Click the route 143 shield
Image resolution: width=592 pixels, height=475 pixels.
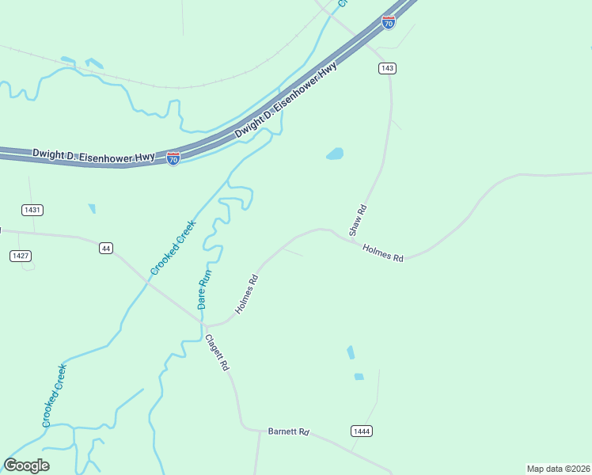click(387, 68)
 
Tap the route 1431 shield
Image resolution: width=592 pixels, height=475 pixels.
click(32, 210)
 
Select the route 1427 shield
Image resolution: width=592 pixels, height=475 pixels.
click(21, 255)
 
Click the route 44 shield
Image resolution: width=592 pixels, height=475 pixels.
click(105, 249)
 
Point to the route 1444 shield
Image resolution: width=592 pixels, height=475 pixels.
click(361, 431)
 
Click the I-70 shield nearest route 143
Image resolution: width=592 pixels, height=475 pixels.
click(388, 22)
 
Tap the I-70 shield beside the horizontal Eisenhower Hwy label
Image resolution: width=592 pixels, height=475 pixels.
click(173, 158)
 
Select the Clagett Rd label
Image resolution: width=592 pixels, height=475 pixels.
click(217, 353)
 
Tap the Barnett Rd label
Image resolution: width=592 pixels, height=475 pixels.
click(288, 432)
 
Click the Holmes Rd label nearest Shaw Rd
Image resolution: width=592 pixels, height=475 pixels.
click(383, 253)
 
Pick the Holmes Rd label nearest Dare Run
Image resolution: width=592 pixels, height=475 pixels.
click(247, 294)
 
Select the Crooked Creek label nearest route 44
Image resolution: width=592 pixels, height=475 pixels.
click(173, 248)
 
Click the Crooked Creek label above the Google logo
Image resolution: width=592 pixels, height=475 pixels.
click(55, 395)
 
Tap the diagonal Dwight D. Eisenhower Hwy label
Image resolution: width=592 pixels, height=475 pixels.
click(286, 101)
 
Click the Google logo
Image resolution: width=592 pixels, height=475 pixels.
click(26, 465)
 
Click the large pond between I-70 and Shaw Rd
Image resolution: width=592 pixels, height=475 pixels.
click(335, 154)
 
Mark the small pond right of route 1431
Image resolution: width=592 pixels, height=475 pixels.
click(92, 209)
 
